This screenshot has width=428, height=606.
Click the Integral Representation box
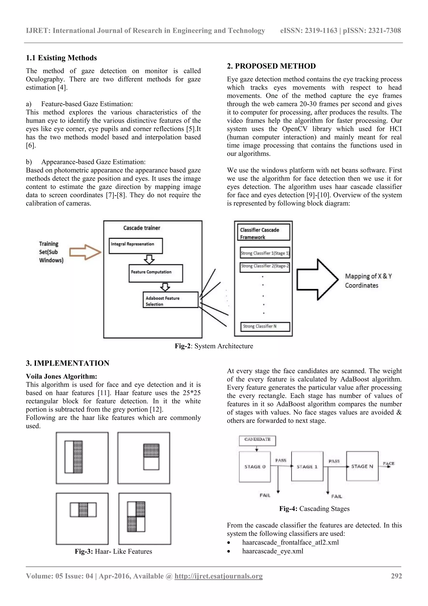tap(136, 246)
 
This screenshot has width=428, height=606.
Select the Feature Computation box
tap(155, 273)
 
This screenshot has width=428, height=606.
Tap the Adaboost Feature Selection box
tap(170, 300)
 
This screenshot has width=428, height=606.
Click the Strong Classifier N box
tap(265, 327)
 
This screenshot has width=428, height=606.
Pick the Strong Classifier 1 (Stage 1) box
tap(265, 253)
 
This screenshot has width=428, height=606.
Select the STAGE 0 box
tap(255, 467)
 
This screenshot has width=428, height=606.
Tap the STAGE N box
tap(362, 466)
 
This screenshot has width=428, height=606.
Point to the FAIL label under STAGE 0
tap(265, 495)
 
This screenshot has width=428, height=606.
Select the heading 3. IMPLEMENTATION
tap(68, 363)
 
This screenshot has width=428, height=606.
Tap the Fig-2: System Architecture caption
tap(214, 346)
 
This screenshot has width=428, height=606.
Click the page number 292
tap(396, 576)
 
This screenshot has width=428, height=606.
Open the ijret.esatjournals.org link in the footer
tap(218, 576)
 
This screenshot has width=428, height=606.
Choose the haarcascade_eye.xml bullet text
tap(273, 551)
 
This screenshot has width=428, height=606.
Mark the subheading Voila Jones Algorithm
tap(61, 376)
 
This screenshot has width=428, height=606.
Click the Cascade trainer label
tap(142, 228)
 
